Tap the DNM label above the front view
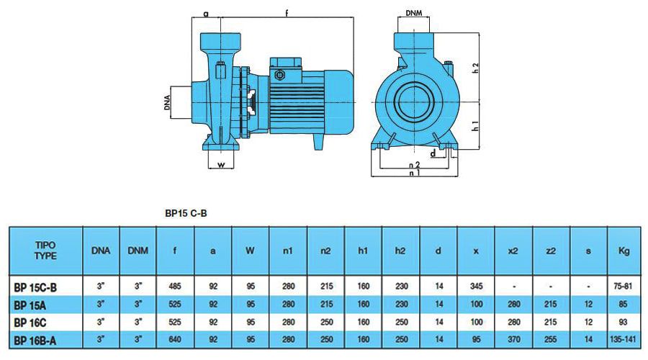coord(414,13)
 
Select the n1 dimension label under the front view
coord(414,174)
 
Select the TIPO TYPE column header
coord(45,250)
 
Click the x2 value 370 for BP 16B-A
coord(513,338)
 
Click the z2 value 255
coord(551,338)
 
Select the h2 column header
coord(401,251)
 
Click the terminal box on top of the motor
coord(283,72)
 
